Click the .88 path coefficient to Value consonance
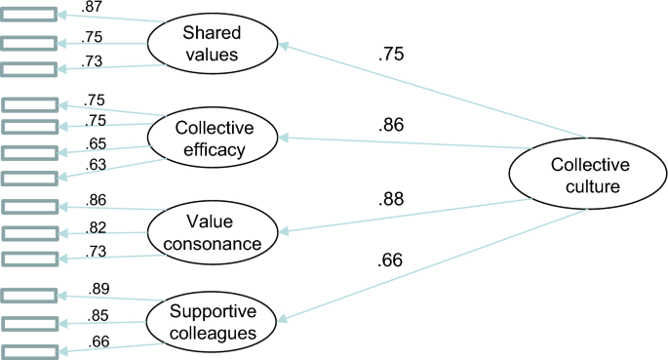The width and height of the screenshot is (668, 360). [x=391, y=201]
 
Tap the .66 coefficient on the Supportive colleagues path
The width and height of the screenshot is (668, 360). [x=390, y=260]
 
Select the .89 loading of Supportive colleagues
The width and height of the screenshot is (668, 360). [x=98, y=289]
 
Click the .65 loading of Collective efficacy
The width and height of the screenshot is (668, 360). [x=97, y=142]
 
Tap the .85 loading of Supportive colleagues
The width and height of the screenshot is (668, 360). [x=98, y=314]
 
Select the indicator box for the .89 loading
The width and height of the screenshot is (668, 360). [x=26, y=295]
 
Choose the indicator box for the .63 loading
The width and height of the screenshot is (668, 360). [x=26, y=179]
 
